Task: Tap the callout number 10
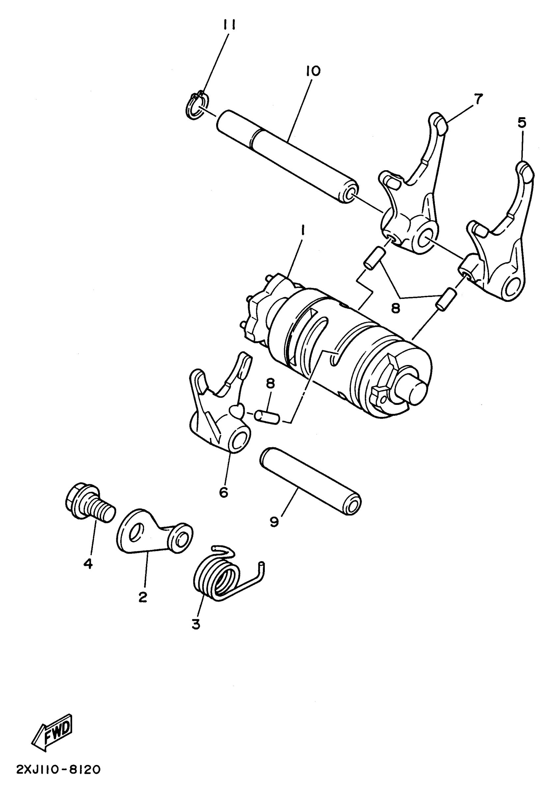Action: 313,71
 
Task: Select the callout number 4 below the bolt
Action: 88,564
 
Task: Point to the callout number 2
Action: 143,597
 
